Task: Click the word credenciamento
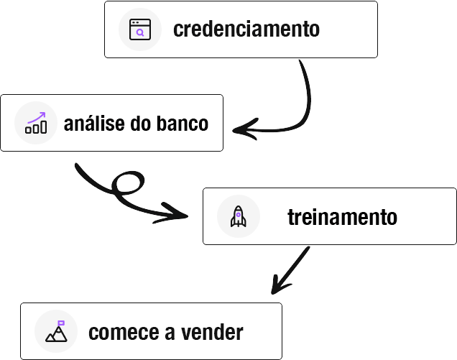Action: (x=246, y=29)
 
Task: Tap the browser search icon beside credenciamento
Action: (x=139, y=29)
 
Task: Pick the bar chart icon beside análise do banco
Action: (x=35, y=124)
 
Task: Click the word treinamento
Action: (x=342, y=216)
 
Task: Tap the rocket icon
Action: (x=238, y=216)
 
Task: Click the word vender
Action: (x=214, y=333)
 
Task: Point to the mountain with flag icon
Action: (x=55, y=332)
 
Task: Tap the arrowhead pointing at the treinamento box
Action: (x=180, y=213)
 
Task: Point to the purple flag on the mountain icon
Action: (x=61, y=323)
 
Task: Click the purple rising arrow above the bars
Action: (x=37, y=117)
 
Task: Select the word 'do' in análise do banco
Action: (x=143, y=124)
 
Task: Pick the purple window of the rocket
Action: (x=238, y=213)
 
